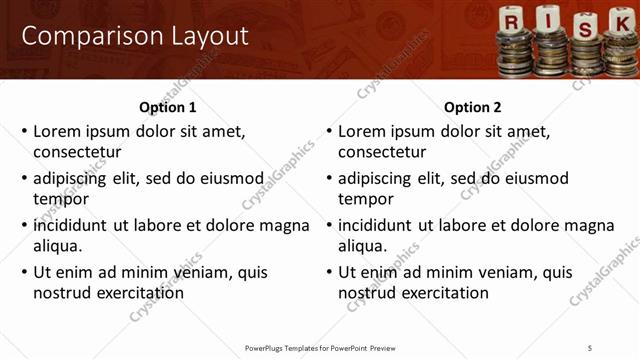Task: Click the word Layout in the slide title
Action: tap(204, 36)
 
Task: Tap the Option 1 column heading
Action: tap(167, 107)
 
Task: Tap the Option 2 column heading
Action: tap(472, 107)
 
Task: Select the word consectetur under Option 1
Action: tap(77, 152)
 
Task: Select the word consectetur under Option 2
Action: tap(382, 152)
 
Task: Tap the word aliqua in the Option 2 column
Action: tap(363, 246)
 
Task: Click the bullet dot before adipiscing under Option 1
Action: tap(25, 179)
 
